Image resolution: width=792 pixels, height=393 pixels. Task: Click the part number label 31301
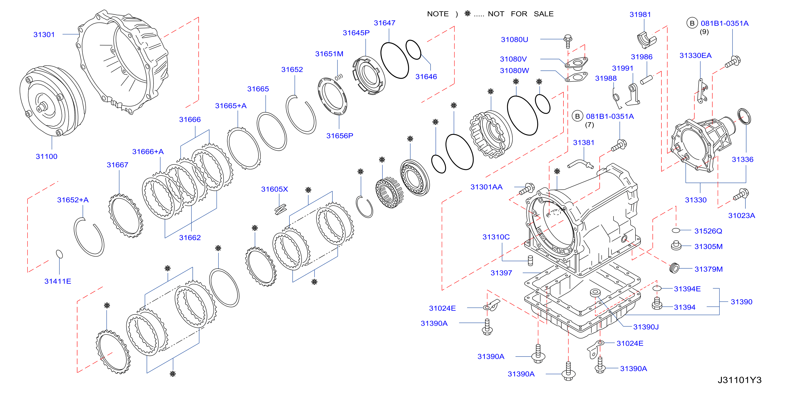(44, 34)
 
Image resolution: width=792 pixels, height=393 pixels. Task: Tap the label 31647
(384, 23)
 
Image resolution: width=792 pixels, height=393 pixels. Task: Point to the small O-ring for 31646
(413, 49)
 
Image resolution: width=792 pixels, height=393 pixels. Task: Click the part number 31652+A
(73, 200)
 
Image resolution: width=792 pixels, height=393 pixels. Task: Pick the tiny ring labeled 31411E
(59, 254)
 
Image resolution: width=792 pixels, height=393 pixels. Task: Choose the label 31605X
(275, 189)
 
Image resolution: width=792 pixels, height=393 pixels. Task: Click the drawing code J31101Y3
(739, 380)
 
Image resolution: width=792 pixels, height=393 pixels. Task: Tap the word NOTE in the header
(438, 14)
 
